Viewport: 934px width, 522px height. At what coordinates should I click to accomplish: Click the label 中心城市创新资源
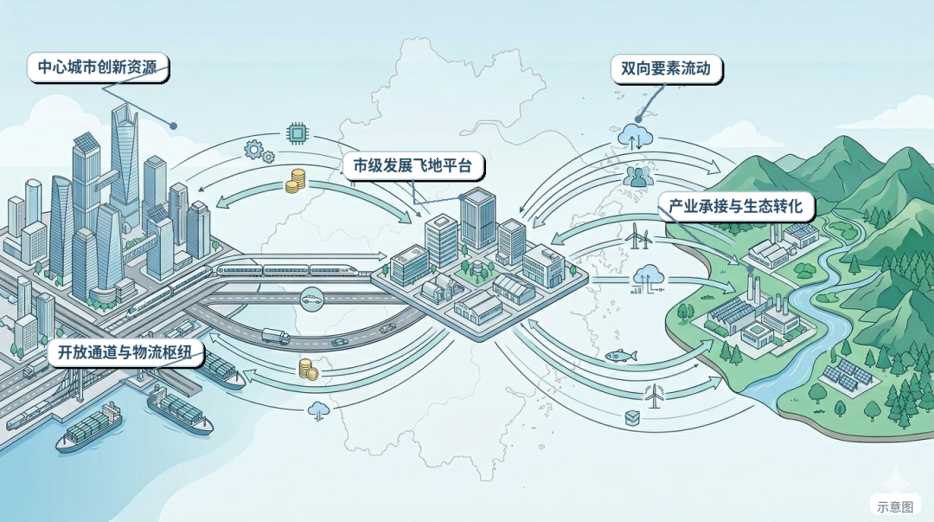point(97,68)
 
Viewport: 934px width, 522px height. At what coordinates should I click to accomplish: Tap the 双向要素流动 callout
point(665,68)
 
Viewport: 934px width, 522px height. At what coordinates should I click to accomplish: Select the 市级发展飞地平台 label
point(413,166)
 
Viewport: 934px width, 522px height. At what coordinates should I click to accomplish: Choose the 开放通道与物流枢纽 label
point(125,353)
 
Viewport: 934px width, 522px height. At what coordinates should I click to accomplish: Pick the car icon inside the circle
point(309,300)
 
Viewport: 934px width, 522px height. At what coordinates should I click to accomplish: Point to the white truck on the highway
point(275,337)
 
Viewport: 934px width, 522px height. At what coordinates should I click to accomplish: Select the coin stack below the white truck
point(308,369)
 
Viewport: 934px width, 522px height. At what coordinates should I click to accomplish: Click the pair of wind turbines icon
point(637,234)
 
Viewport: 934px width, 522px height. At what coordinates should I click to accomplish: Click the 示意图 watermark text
point(894,506)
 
